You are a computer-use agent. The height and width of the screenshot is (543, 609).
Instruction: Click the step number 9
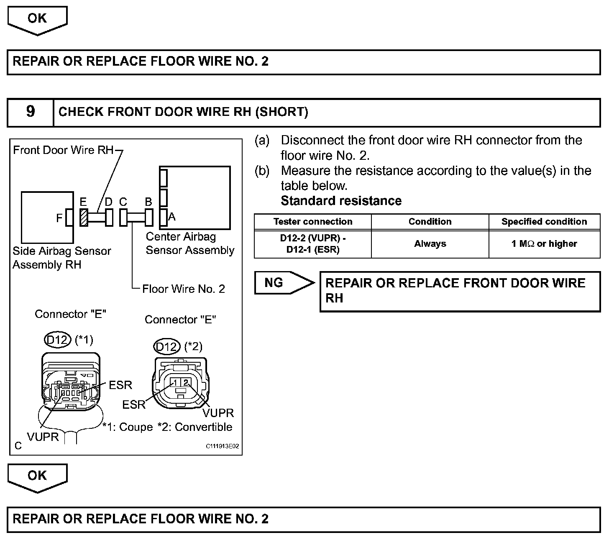(x=31, y=112)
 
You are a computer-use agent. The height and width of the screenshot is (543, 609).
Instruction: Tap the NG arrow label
(x=274, y=283)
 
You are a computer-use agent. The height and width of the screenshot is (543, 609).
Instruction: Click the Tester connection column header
(x=312, y=222)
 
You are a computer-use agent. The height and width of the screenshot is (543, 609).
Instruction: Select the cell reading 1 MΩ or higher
(x=544, y=244)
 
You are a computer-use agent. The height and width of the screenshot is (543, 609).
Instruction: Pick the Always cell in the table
(x=430, y=244)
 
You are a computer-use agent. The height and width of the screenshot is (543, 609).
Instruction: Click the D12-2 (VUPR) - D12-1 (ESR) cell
(x=312, y=244)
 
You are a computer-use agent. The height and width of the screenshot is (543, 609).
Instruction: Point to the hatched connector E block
(x=84, y=218)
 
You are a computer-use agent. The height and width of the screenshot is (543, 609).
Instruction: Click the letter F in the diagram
(x=59, y=218)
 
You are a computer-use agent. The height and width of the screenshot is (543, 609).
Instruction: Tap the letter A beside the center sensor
(x=172, y=217)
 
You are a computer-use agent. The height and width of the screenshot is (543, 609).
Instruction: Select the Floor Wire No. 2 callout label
(x=183, y=289)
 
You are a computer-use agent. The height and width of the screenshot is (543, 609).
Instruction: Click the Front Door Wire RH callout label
(x=63, y=150)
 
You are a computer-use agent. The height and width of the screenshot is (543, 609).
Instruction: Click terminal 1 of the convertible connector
(x=177, y=382)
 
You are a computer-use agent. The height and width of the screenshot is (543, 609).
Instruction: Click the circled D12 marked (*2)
(x=166, y=347)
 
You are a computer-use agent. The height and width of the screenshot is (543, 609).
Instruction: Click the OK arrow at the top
(x=37, y=20)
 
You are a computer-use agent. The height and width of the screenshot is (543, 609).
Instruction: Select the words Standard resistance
(x=341, y=201)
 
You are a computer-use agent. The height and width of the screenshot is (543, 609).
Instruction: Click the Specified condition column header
(x=544, y=222)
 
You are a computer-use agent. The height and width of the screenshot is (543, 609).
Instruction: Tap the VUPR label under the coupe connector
(x=43, y=437)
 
